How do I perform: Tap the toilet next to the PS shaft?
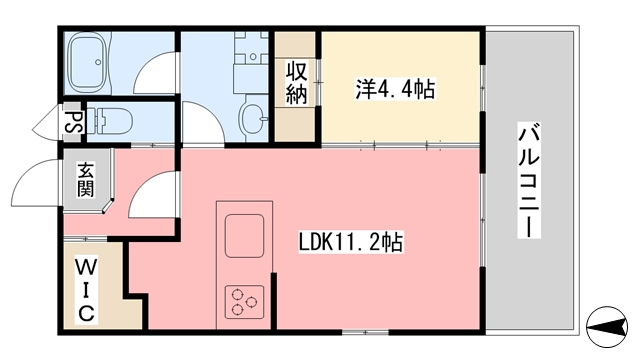pyautogui.click(x=112, y=121)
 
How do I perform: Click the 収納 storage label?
pyautogui.click(x=297, y=84)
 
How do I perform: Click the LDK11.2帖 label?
pyautogui.click(x=351, y=242)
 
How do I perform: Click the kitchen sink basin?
pyautogui.click(x=243, y=235)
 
